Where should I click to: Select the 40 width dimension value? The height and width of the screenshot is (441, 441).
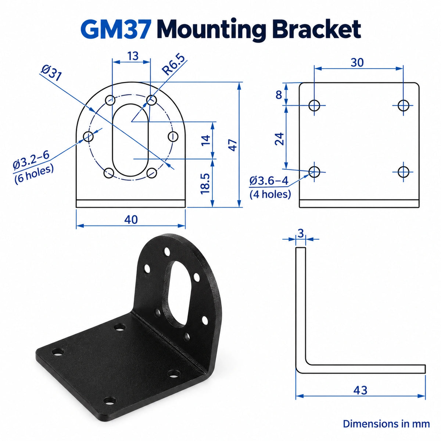click(x=131, y=219)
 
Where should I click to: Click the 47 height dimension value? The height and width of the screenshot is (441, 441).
click(x=233, y=145)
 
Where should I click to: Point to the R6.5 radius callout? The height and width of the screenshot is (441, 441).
click(x=173, y=65)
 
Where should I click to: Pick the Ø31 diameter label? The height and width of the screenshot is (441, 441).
click(x=51, y=73)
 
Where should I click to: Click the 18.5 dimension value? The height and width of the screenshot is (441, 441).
click(x=205, y=184)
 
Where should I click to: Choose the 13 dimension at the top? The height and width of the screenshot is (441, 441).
click(x=133, y=56)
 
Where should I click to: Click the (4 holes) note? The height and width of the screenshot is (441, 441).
click(x=270, y=194)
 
